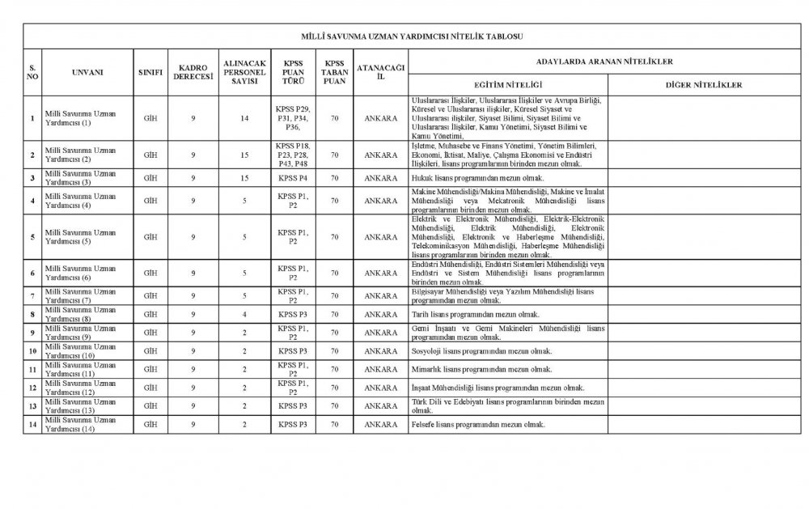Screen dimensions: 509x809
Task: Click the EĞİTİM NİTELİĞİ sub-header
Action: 507,84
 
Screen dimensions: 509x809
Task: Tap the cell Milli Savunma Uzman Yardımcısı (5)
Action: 81,237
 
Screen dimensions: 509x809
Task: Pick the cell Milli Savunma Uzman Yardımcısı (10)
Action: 81,350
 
